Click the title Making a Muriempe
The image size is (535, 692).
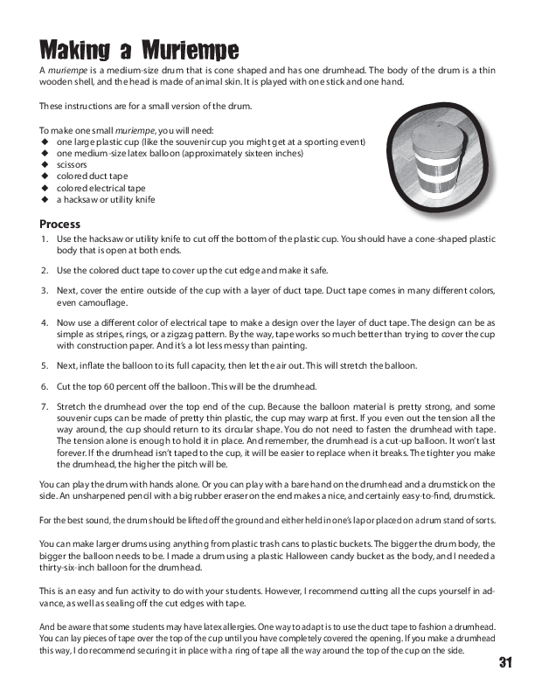[x=140, y=49]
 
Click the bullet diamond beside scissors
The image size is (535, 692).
[x=44, y=163]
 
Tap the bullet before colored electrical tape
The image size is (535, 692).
[x=44, y=188]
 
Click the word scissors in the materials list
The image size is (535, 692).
[x=72, y=163]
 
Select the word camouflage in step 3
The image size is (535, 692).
[x=102, y=303]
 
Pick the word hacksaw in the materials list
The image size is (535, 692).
[x=77, y=200]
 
